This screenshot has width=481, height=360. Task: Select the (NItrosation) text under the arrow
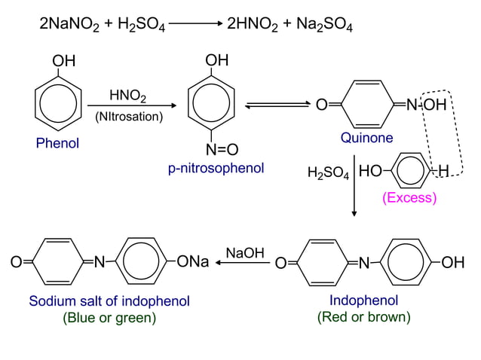tap(129, 117)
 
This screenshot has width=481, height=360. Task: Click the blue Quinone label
tap(366, 138)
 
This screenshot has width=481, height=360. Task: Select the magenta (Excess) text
tap(409, 198)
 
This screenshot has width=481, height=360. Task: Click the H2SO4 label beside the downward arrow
tap(328, 174)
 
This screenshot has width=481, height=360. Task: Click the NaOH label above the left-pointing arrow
tap(246, 253)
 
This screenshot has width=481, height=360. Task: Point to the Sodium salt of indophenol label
tap(109, 301)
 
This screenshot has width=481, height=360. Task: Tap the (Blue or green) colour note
tap(109, 318)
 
